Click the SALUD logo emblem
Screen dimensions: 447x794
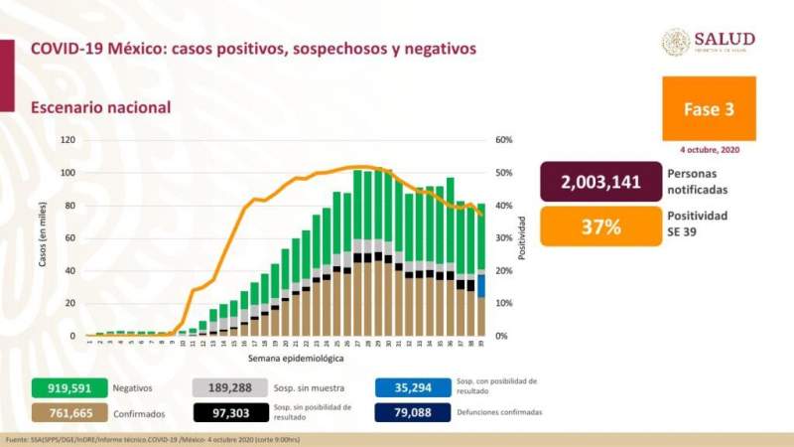click(676, 42)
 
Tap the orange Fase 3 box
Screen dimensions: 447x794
click(709, 108)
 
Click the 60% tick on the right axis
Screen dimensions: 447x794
click(504, 140)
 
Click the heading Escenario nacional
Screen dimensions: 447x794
click(100, 107)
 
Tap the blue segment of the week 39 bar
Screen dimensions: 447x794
click(481, 285)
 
